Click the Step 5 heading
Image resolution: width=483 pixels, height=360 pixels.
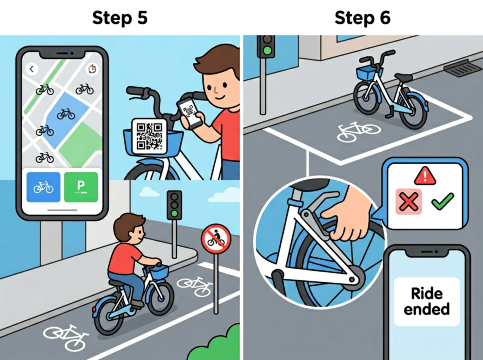pyautogui.click(x=120, y=17)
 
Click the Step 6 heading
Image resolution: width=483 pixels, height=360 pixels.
pyautogui.click(x=361, y=17)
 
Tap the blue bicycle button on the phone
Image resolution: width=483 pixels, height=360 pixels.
pyautogui.click(x=44, y=188)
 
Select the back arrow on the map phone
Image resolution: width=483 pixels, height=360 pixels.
pyautogui.click(x=31, y=69)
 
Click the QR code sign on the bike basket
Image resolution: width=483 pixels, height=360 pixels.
pyautogui.click(x=148, y=134)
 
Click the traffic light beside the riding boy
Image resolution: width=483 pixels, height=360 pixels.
pyautogui.click(x=174, y=205)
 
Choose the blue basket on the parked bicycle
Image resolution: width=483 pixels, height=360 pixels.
pyautogui.click(x=368, y=73)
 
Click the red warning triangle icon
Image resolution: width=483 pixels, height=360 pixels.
pyautogui.click(x=427, y=177)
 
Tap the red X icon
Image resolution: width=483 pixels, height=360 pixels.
pyautogui.click(x=408, y=202)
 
